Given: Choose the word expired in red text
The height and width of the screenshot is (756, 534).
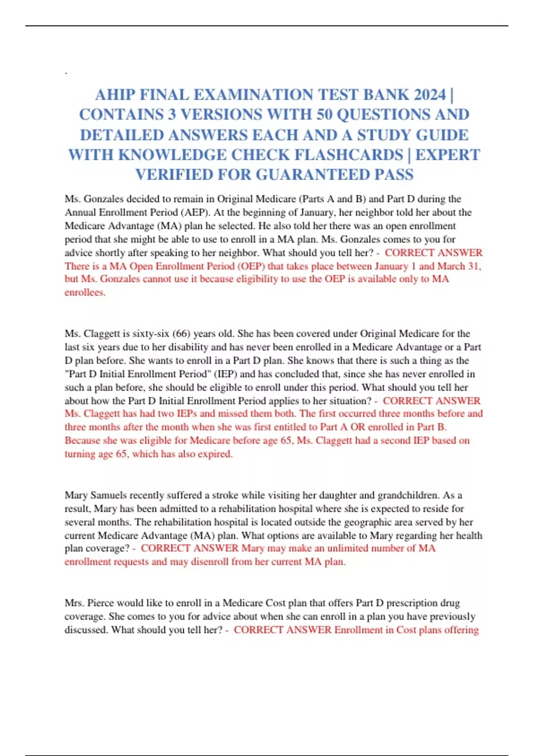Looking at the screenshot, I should coord(215,454).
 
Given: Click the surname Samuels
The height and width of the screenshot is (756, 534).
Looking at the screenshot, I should coord(109,495).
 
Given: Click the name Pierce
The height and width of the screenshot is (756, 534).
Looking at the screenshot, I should coord(101,603).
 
